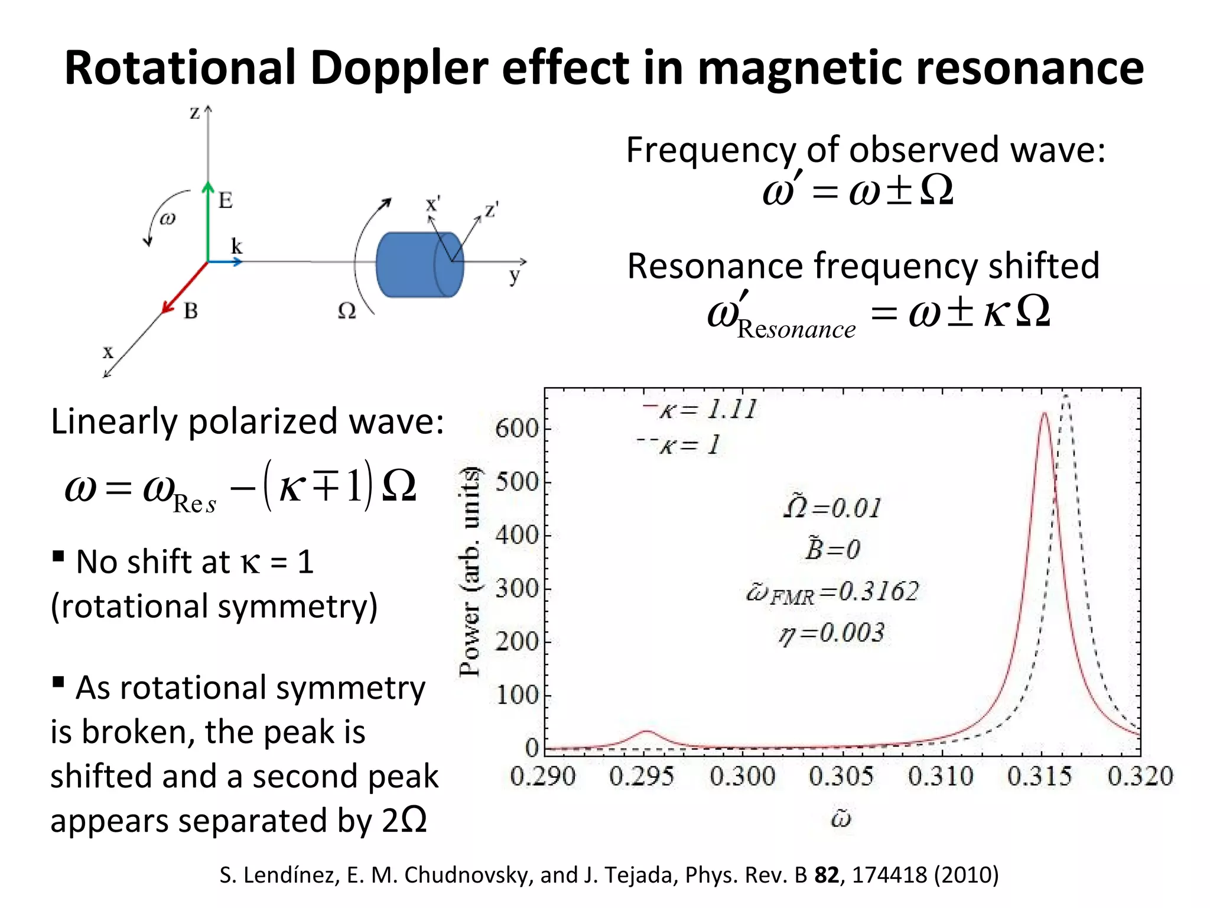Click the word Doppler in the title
399,69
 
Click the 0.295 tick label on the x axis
642,776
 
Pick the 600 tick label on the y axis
516,429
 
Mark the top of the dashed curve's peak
1065,394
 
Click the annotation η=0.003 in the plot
832,634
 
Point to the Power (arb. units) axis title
470,571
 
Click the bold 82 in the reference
826,874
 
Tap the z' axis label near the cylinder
492,210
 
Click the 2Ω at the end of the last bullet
405,821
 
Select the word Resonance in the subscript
796,329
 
